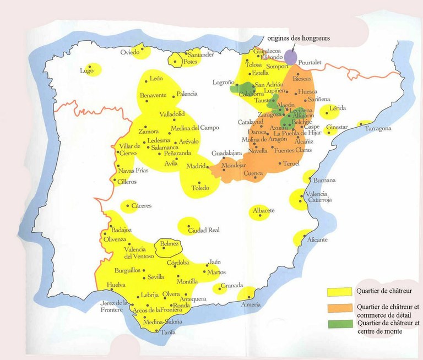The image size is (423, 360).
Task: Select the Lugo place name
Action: tap(86, 70)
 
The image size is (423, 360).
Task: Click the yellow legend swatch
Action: tap(340, 291)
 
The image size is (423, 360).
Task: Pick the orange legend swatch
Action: tap(340, 307)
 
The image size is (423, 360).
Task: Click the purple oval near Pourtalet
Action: tap(291, 56)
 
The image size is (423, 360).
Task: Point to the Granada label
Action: tap(231, 286)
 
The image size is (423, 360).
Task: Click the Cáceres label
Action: tap(142, 206)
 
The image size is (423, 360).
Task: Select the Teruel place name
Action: tap(290, 164)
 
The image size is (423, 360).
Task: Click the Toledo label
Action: tap(200, 188)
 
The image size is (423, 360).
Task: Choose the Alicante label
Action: tap(318, 240)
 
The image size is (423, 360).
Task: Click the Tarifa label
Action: tap(169, 332)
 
